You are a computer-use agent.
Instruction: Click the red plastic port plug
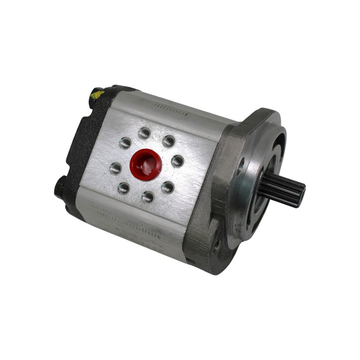(x=146, y=164)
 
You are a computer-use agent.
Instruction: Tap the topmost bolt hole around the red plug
(x=145, y=134)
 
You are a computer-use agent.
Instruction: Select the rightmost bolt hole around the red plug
(x=177, y=161)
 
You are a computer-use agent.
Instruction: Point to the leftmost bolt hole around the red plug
(x=116, y=168)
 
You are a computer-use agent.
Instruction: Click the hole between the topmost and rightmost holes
(x=169, y=141)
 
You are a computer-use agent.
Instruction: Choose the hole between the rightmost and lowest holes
(x=168, y=187)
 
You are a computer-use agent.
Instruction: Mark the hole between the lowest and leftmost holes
(x=123, y=188)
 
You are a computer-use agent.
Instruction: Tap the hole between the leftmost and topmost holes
(x=125, y=143)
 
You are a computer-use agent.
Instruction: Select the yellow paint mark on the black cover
(x=96, y=94)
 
